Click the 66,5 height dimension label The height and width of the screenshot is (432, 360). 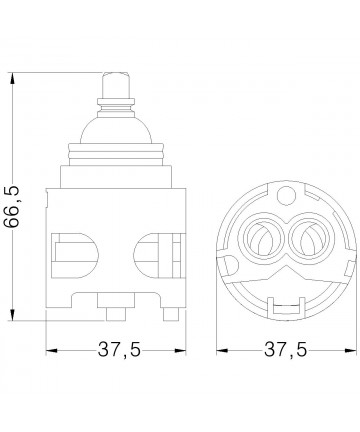click(12, 207)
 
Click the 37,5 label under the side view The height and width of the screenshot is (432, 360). click(119, 350)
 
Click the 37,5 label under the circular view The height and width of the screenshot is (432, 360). click(285, 350)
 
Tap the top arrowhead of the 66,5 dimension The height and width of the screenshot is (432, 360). click(13, 78)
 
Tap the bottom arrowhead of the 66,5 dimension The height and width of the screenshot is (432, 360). click(13, 315)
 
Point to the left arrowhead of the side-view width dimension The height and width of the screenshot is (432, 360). click(52, 350)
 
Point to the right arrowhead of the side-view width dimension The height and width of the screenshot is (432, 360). click(180, 350)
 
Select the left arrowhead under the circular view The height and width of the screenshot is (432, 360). click(222, 350)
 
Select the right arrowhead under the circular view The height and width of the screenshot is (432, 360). click(350, 350)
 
